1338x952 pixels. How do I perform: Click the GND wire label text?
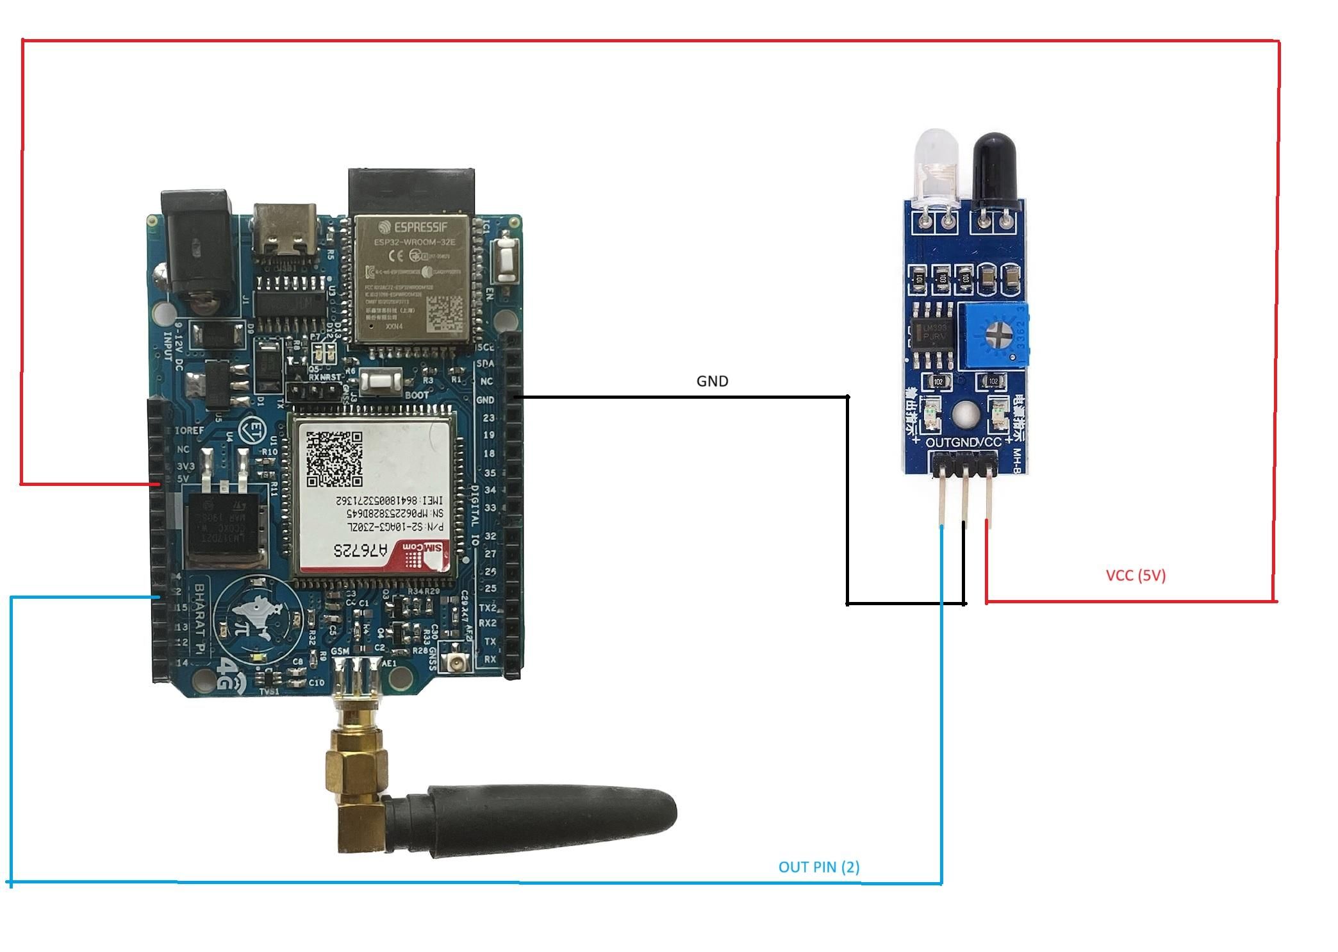(x=712, y=381)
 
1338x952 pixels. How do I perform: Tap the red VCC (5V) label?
(x=1136, y=575)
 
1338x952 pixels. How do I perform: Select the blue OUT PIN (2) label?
(x=818, y=867)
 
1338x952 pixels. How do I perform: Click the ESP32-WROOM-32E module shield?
(x=410, y=279)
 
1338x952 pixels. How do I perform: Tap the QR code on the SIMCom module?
(x=334, y=458)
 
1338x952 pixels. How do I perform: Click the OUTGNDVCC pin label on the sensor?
(x=963, y=442)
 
